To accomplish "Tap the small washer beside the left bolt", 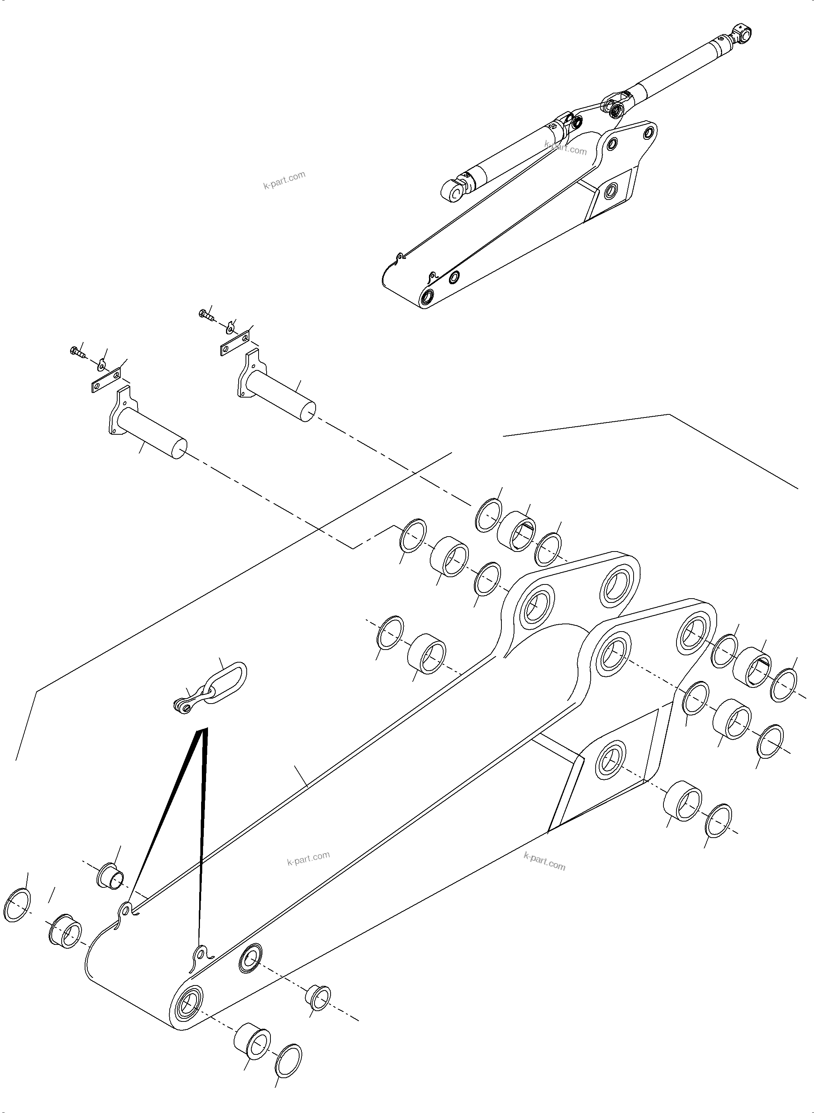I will (x=102, y=365).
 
